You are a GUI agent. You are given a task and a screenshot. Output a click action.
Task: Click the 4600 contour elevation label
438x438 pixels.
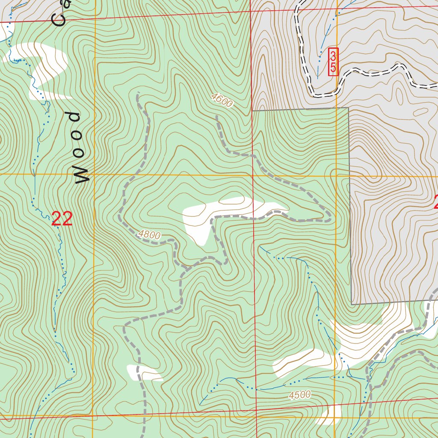point(222,101)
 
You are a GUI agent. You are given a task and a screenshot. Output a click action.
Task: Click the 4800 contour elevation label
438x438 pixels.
point(149,235)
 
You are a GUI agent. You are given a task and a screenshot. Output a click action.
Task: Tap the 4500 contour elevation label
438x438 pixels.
point(299,395)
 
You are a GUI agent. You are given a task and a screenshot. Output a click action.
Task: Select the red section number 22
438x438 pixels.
point(62,219)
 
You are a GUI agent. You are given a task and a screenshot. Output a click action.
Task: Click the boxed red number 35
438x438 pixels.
point(333,62)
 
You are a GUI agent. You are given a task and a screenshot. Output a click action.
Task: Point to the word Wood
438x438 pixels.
point(77,148)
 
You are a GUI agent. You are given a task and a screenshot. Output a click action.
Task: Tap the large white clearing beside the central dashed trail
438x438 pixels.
point(214,214)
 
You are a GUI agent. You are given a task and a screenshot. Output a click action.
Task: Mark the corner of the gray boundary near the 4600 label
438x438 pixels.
point(252,111)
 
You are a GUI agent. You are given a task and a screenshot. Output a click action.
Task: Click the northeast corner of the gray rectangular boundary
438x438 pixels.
point(349,108)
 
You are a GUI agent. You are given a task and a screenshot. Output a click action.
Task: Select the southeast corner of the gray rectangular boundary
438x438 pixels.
point(352,304)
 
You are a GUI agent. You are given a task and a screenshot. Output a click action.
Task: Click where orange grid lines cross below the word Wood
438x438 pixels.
point(94,175)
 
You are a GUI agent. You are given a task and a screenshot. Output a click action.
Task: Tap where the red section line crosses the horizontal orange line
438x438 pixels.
point(253,175)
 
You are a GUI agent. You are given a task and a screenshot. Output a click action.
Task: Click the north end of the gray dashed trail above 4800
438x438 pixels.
point(138,93)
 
